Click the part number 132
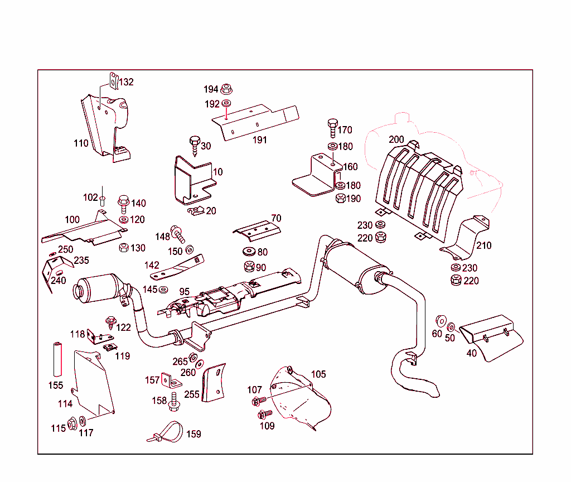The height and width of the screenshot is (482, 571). pos(126,82)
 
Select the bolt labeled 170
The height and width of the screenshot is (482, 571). pos(332,128)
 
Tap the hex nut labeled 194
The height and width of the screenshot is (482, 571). pos(226,89)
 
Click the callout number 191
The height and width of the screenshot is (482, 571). pos(260,140)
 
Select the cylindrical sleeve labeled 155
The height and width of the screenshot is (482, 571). pos(56,359)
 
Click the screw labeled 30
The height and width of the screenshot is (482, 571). pos(195,146)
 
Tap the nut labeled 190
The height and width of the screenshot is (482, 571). pos(340,198)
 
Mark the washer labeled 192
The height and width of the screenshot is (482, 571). pos(226,104)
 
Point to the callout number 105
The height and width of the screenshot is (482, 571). pos(318,374)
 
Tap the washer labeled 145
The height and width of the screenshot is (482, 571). pos(164,289)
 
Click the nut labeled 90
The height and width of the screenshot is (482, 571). pos(249,267)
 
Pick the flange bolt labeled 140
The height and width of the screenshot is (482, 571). pos(123,203)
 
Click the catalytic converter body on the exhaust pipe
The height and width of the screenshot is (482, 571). pos(100,288)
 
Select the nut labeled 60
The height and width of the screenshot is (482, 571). pos(440,321)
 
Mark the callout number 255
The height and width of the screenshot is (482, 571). pos(192,394)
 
